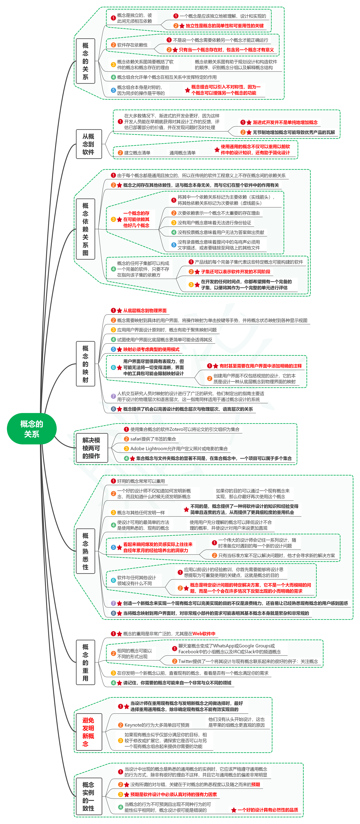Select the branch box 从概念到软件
pos(89,144)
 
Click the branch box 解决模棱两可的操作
pos(91,448)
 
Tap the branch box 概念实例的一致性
pos(89,796)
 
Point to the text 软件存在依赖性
pos(132,45)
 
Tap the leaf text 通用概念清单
pos(182,153)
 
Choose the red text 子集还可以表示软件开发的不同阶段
pos(236,272)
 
